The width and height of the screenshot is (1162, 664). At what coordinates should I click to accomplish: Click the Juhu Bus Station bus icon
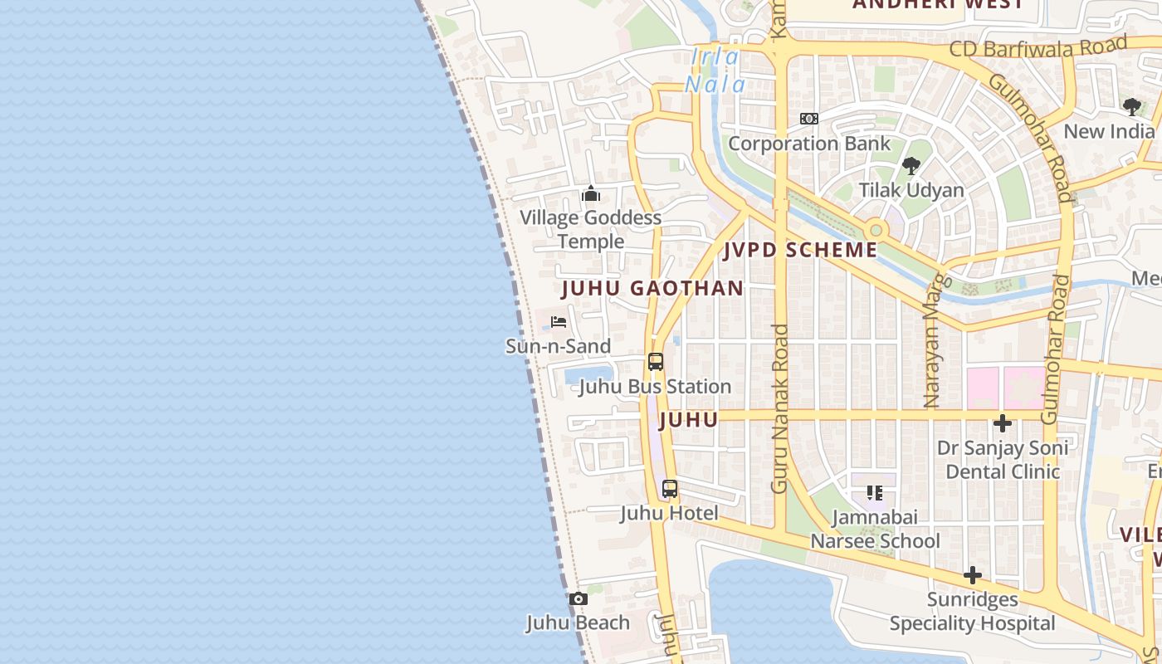(x=656, y=362)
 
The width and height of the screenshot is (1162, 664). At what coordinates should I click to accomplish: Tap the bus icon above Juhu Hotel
(x=670, y=489)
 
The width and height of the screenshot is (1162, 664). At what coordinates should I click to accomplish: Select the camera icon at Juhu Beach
(x=579, y=598)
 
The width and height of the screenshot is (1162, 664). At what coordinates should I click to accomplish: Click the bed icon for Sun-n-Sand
(x=559, y=322)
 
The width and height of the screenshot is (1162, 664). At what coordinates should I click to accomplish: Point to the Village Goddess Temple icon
(x=591, y=194)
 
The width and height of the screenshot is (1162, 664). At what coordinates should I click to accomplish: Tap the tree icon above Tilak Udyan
(x=911, y=165)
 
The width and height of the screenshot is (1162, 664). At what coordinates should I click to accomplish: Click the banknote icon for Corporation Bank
(x=809, y=119)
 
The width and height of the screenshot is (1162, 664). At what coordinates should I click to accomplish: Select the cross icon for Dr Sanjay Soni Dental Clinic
(x=1003, y=423)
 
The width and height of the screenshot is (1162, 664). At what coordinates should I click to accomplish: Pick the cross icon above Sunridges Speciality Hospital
(x=973, y=575)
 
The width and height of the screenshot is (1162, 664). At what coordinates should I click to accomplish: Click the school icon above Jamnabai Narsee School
(x=874, y=493)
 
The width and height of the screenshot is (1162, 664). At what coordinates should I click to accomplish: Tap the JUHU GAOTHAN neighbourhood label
(x=652, y=289)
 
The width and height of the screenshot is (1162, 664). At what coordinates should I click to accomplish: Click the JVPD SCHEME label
(x=800, y=250)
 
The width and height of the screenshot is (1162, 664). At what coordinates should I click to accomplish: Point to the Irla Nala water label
(x=715, y=70)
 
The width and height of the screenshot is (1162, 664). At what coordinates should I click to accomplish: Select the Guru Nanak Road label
(x=779, y=408)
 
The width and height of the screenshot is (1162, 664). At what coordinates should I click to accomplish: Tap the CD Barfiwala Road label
(x=1038, y=47)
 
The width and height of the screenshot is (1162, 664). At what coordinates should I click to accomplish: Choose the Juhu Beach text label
(x=578, y=622)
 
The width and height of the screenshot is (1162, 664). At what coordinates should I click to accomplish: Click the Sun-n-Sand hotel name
(x=558, y=346)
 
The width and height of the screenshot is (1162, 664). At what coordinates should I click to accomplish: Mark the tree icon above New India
(x=1131, y=106)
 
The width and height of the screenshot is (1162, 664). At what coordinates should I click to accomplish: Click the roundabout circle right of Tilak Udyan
(x=875, y=229)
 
